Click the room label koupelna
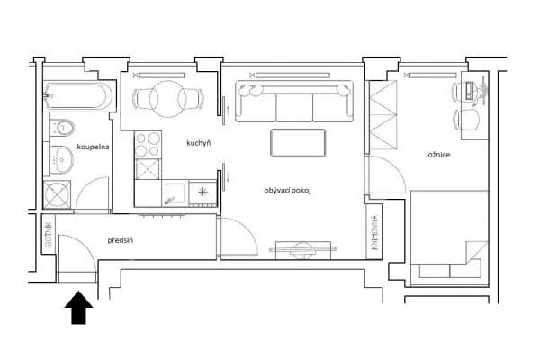[x=94, y=146]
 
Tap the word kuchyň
[x=198, y=143]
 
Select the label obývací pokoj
[x=287, y=191]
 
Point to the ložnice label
[x=438, y=155]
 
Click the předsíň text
[x=121, y=240]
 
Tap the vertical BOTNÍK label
[x=49, y=235]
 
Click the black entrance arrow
[x=79, y=308]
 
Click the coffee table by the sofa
[x=299, y=143]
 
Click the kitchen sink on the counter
[x=175, y=192]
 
